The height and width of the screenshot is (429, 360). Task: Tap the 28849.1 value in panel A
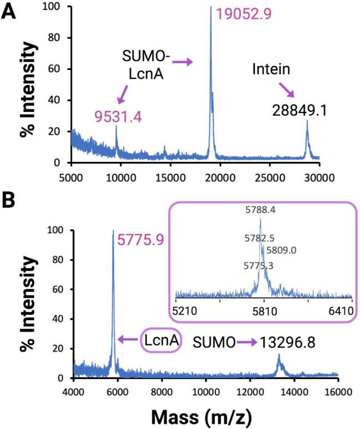300,111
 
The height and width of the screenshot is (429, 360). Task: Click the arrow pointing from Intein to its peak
286,89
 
